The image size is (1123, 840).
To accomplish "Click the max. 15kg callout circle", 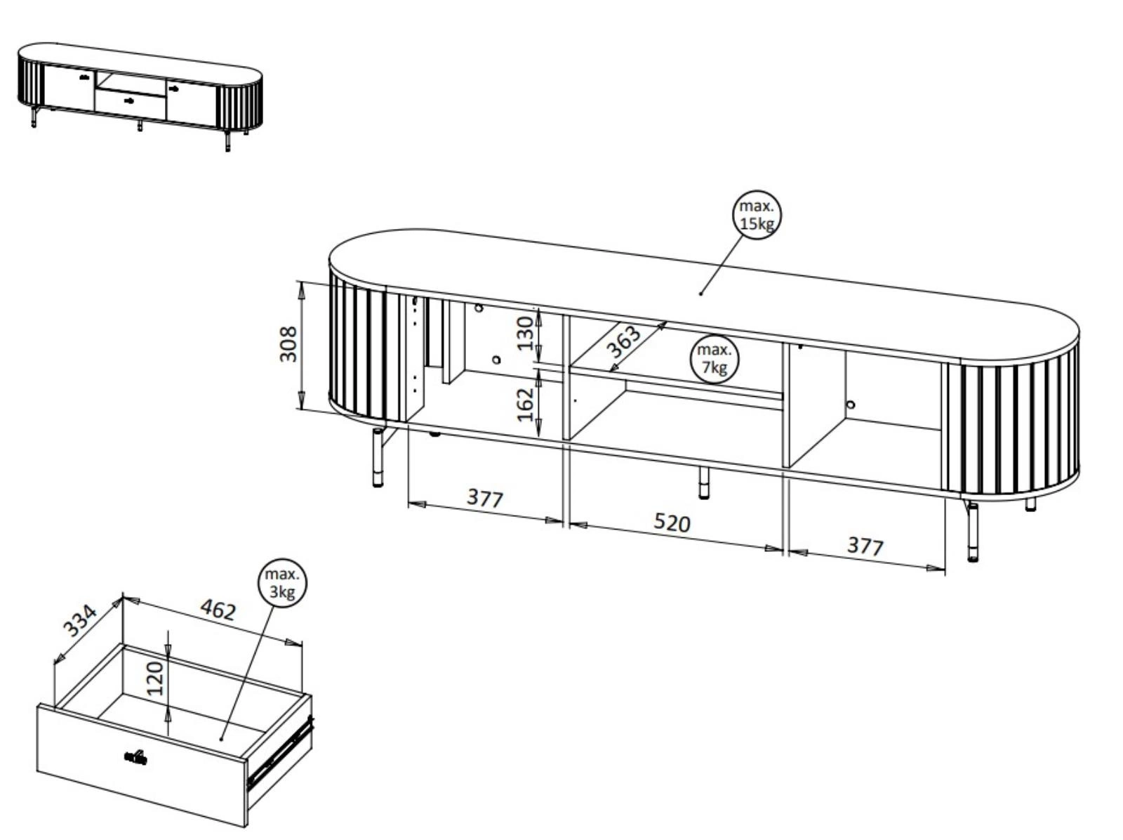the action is point(757,216).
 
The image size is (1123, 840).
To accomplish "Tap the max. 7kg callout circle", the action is point(715,359).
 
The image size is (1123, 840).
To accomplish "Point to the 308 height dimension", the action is point(288,344).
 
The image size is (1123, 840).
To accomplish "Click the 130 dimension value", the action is point(525,333).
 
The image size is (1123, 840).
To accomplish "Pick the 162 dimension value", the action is point(525,405).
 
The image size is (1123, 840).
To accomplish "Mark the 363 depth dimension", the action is point(623,341).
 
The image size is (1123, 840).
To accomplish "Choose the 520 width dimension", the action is point(672,523).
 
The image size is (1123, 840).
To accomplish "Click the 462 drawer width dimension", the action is point(218,610).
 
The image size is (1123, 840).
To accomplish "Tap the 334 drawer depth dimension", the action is point(79,620).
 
